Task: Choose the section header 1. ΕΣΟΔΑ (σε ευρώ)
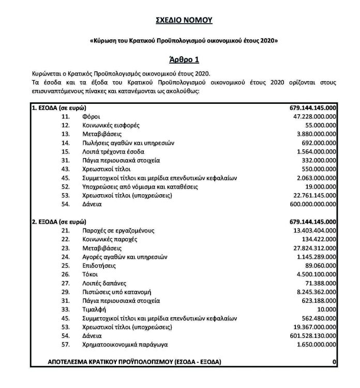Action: [x=58, y=108]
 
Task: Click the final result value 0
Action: [x=335, y=361]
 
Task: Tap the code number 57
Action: [x=65, y=344]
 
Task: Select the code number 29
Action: [x=65, y=291]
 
